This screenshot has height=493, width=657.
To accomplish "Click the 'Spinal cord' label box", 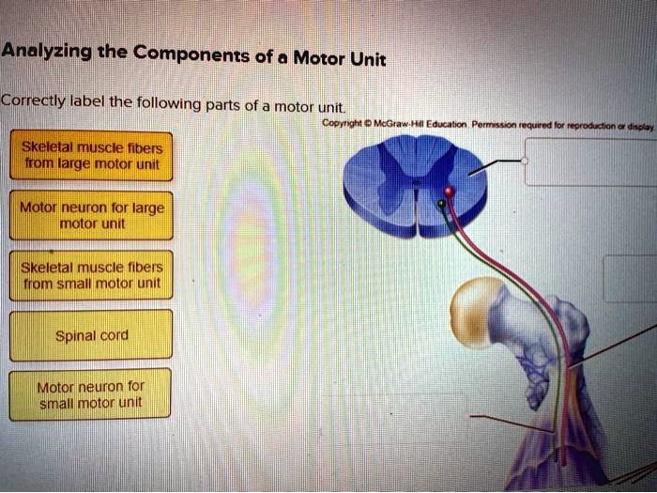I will (x=90, y=335).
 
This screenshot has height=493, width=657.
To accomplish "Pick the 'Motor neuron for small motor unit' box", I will (x=90, y=395).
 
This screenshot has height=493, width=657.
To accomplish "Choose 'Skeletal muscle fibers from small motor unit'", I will (x=90, y=275).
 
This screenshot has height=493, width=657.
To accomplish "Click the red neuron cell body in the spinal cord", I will (x=449, y=193).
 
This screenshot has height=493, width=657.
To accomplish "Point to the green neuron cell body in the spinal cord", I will (x=442, y=202).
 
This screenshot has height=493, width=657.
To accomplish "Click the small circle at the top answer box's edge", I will (x=526, y=161).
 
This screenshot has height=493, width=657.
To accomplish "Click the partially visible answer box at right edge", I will (x=630, y=278).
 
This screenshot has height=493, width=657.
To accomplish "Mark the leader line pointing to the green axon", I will (x=512, y=423).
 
